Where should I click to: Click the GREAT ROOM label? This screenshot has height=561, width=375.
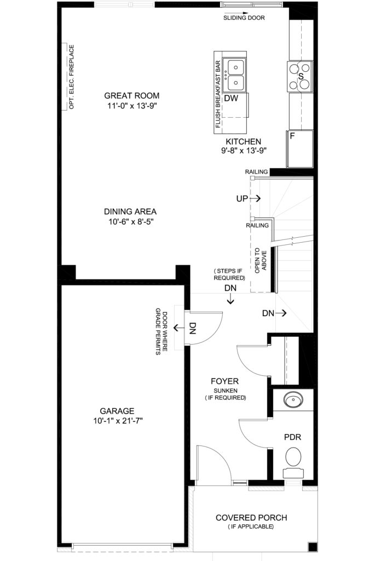131,95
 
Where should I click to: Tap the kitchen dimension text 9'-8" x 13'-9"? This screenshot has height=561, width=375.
244,151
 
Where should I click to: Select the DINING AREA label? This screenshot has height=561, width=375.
130,211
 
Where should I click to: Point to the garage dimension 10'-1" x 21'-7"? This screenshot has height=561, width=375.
118,421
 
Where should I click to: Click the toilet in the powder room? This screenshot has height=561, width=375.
293,461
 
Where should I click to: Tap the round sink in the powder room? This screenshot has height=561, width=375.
293,399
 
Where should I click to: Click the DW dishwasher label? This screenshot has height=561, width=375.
231,98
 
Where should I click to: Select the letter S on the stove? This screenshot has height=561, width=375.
301,76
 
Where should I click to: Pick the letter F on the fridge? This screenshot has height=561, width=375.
292,136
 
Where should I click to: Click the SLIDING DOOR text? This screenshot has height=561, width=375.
244,18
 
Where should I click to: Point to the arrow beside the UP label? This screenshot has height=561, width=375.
255,198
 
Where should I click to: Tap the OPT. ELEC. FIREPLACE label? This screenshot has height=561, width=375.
72,77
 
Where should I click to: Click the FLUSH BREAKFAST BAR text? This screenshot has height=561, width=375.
218,94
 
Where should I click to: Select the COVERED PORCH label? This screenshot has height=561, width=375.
251,518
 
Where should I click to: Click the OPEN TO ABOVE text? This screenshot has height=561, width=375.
261,261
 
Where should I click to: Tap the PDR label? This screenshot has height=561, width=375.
292,437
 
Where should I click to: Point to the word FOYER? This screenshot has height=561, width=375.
224,381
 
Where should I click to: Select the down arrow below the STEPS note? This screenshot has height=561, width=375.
230,299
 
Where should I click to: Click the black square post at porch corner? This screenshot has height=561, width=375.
313,547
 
